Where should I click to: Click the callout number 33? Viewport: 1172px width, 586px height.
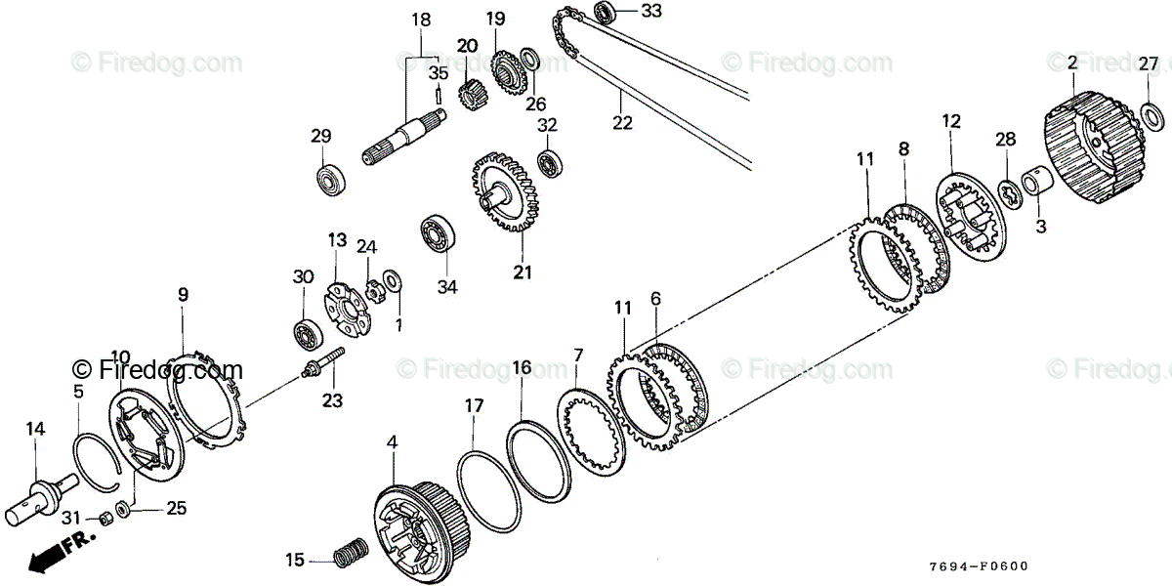(x=650, y=11)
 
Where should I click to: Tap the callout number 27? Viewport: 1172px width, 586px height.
(x=1150, y=64)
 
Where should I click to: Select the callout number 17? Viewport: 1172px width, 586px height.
(x=474, y=403)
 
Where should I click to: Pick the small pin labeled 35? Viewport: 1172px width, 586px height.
(x=439, y=97)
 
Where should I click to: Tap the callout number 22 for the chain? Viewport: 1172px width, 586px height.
(x=622, y=123)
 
